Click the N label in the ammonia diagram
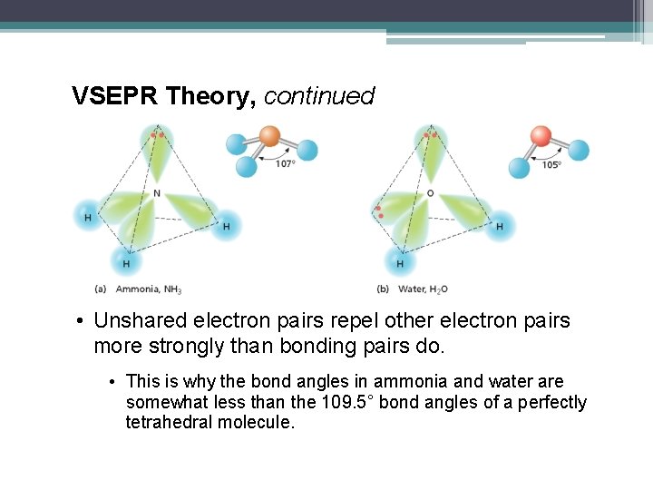156,193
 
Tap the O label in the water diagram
430,193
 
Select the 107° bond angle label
286,164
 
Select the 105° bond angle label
551,164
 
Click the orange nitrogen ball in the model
270,137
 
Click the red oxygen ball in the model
541,137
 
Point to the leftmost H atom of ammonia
88,217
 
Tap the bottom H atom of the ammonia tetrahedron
126,263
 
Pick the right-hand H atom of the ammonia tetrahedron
226,225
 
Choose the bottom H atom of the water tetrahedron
399,263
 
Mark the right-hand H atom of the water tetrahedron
499,225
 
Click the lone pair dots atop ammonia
159,135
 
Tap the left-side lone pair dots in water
378,212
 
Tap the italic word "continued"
318,96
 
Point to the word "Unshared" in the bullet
140,321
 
